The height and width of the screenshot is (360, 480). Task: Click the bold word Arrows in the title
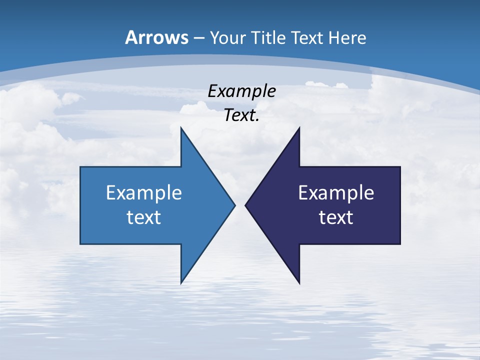point(157,37)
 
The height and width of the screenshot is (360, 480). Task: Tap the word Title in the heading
point(270,37)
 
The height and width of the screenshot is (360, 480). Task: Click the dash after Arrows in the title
point(198,38)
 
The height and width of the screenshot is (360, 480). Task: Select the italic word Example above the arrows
point(242,91)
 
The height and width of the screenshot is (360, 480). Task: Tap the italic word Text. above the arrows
point(242,115)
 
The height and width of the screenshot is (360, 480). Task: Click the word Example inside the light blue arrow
point(144,193)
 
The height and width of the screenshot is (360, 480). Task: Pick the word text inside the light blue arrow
point(144,217)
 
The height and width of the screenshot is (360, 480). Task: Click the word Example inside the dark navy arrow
point(336,193)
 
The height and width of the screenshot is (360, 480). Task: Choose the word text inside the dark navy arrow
point(336,217)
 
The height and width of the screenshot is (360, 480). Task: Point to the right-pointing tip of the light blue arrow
point(234,205)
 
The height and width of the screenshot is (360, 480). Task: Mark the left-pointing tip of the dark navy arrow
point(245,205)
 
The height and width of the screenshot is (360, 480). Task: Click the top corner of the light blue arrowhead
point(181,128)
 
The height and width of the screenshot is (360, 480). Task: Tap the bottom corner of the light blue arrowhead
point(181,283)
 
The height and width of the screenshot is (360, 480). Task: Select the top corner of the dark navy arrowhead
point(299,128)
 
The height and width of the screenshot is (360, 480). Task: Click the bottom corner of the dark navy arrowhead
point(299,283)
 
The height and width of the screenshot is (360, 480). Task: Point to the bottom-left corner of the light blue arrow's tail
point(80,243)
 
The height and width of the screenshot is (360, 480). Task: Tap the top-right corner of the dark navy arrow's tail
point(400,167)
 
